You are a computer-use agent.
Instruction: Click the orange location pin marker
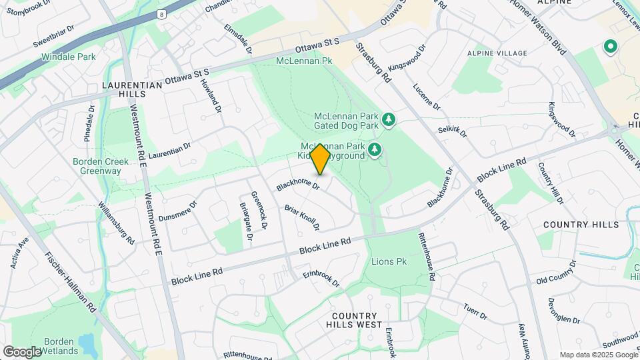coord(319,159)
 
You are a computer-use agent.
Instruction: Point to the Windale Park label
coord(69,57)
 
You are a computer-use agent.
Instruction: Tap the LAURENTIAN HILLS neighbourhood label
coord(132,90)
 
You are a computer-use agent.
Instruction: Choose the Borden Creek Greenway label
coord(97,166)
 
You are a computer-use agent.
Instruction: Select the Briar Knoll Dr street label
coord(302,217)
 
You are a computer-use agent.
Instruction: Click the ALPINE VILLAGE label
coord(497,53)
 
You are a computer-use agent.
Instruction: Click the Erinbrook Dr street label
coord(321,279)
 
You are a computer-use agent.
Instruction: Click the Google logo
coord(22,351)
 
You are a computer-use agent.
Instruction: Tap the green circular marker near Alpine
coord(609,47)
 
